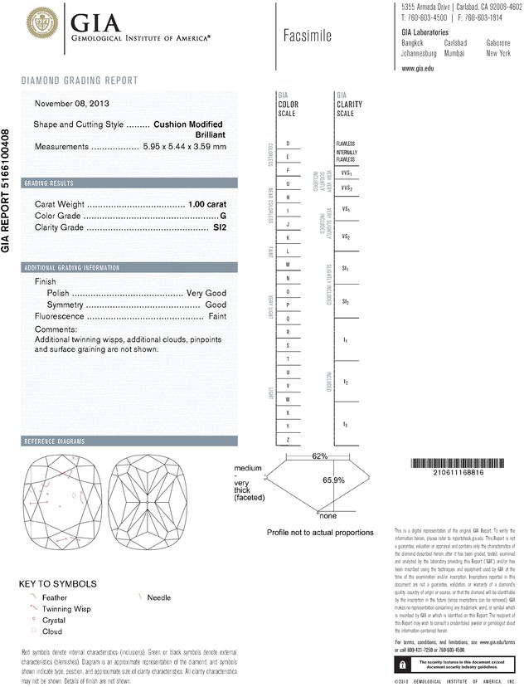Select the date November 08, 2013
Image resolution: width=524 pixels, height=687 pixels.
tap(72, 104)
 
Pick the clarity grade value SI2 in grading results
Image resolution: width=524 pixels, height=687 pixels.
tap(220, 227)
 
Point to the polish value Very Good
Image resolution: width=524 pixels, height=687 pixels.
tap(206, 294)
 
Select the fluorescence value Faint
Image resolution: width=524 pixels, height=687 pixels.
tap(217, 317)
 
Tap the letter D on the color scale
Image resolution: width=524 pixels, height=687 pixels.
tap(288, 144)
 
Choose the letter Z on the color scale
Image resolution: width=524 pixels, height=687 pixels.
tap(288, 439)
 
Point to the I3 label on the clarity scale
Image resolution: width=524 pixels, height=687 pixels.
tap(346, 425)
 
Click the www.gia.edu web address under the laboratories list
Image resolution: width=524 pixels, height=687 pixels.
tap(419, 68)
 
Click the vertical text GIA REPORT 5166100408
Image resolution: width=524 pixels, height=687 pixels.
tap(7, 191)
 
